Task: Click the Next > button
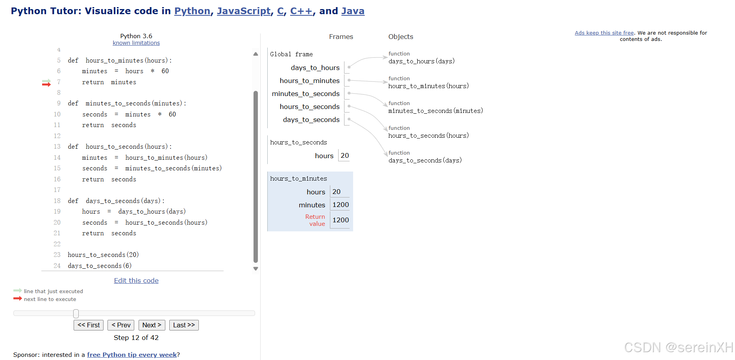[152, 325]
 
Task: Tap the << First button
[89, 325]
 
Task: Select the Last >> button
[184, 325]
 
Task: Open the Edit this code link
[136, 281]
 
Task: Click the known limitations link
[136, 43]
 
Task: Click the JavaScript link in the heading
[244, 11]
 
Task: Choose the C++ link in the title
[301, 11]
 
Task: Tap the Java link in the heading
[353, 11]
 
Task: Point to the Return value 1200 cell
[340, 220]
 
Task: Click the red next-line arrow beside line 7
[46, 84]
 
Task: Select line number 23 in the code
[57, 255]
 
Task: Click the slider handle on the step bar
[76, 314]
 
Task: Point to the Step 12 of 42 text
[136, 338]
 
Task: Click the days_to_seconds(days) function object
[425, 160]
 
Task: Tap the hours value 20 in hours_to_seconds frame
[344, 155]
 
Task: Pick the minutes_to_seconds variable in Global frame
[305, 94]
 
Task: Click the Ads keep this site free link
[604, 33]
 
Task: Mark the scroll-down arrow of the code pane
[256, 269]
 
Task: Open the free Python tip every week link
[132, 355]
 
